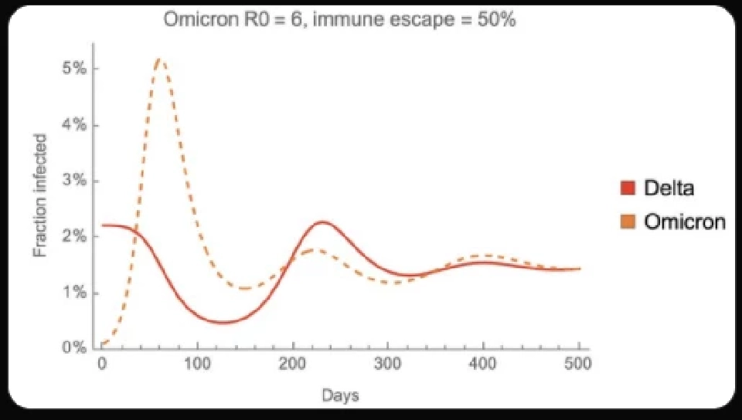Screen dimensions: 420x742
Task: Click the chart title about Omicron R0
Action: coord(339,19)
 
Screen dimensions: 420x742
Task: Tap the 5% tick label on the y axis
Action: coord(75,69)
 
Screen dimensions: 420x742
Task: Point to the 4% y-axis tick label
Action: coord(75,125)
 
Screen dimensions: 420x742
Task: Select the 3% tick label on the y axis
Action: coord(75,181)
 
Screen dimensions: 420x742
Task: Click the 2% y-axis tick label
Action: coord(75,237)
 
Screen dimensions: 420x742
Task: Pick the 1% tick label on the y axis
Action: coord(75,293)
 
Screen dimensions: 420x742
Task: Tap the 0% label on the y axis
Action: coord(75,348)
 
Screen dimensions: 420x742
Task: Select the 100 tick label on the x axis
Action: coord(197,364)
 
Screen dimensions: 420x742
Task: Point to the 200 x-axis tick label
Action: coord(292,364)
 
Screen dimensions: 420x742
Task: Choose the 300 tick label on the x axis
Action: coord(388,364)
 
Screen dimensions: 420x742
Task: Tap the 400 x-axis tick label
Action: coord(483,364)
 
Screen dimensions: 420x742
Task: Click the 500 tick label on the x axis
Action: coord(578,364)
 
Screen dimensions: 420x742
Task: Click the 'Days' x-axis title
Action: coord(339,396)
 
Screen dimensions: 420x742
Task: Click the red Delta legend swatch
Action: coord(628,188)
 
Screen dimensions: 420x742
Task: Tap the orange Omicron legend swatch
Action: coord(628,222)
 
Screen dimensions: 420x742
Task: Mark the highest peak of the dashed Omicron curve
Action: coord(159,59)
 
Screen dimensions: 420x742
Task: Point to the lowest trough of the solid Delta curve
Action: coord(223,322)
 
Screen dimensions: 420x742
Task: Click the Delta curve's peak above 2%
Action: coord(322,222)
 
